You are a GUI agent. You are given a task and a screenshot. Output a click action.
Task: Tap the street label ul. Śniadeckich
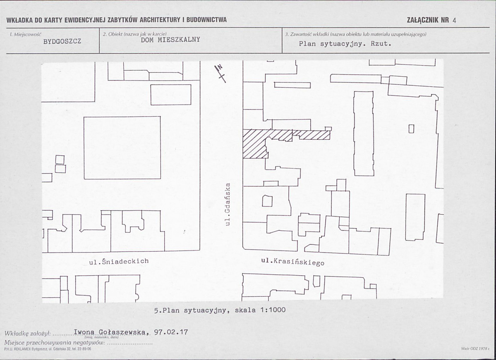(x=119, y=261)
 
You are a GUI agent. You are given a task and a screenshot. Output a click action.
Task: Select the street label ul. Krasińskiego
(x=292, y=262)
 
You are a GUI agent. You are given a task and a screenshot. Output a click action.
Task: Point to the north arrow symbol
(x=220, y=73)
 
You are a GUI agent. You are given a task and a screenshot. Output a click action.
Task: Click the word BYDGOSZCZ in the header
(x=62, y=41)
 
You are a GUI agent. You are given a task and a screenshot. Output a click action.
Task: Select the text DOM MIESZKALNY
(x=170, y=40)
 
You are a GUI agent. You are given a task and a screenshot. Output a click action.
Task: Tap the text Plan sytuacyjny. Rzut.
(x=345, y=44)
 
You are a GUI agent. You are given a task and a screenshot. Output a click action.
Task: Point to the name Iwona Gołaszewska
(x=110, y=332)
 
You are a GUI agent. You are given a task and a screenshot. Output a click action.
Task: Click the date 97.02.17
(x=171, y=332)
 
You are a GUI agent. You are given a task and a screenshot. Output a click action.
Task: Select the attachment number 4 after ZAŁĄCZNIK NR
(x=454, y=21)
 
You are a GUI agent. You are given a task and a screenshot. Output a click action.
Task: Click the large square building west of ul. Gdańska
(x=122, y=148)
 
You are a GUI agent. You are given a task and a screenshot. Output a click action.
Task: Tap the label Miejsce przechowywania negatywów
(x=55, y=343)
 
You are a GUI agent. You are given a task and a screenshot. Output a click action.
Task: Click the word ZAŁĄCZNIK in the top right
(x=423, y=20)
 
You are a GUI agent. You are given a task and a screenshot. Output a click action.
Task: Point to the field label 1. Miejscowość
(x=26, y=34)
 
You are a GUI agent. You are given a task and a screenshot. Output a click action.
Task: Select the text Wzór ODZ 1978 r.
(x=475, y=348)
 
